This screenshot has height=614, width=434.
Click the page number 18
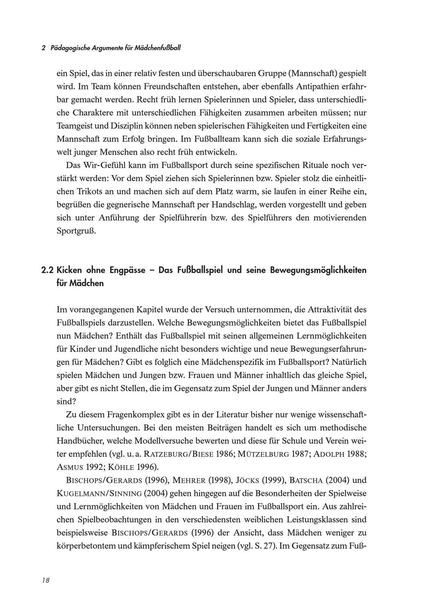coord(46,581)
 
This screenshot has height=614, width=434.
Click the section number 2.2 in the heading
coord(47,270)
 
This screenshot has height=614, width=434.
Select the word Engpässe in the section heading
coord(128,270)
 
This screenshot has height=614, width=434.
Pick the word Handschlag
coord(229,205)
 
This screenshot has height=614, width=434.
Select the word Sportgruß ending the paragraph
coord(76,231)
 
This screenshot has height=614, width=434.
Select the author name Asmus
coord(71,467)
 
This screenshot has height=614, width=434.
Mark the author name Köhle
coord(119,467)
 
